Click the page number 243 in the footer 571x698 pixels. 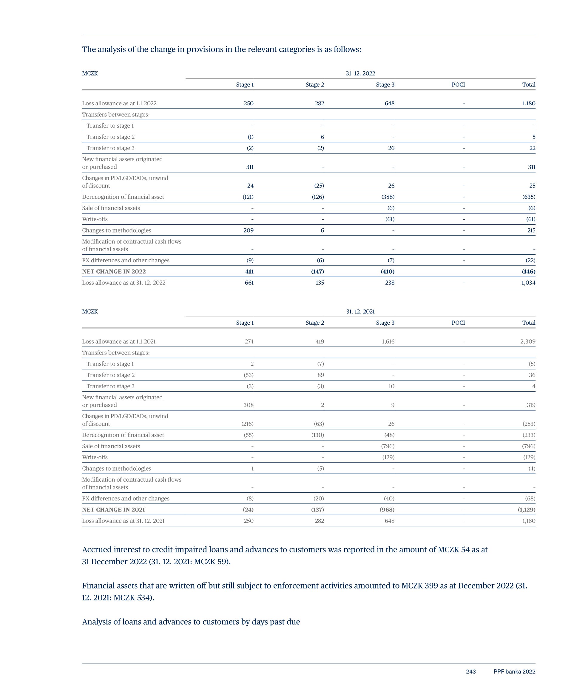click(471, 672)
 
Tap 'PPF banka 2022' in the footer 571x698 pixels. click(514, 672)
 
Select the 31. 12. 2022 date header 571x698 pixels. click(360, 73)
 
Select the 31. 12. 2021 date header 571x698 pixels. click(360, 312)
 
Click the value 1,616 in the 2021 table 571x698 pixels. click(388, 341)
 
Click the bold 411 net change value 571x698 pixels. click(249, 271)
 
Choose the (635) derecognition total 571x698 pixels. click(529, 197)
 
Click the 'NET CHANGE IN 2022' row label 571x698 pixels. click(114, 271)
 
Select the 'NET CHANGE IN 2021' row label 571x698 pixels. click(113, 509)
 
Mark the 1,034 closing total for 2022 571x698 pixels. click(528, 283)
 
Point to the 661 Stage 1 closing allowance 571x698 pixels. click(249, 283)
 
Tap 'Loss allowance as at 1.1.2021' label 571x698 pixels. click(119, 341)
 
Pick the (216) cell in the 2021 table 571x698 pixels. click(247, 424)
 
